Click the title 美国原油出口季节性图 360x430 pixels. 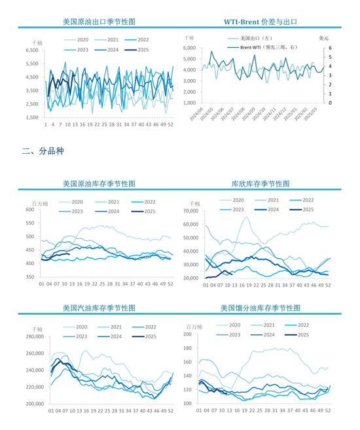(99, 22)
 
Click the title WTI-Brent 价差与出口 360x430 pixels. (261, 22)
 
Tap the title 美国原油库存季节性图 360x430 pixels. (99, 185)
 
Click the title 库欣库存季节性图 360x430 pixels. (261, 185)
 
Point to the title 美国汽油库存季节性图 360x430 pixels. (99, 308)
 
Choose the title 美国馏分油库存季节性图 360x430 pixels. (261, 308)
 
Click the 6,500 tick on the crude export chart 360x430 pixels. (31, 50)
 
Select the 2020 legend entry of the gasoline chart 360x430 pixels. (77, 326)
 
